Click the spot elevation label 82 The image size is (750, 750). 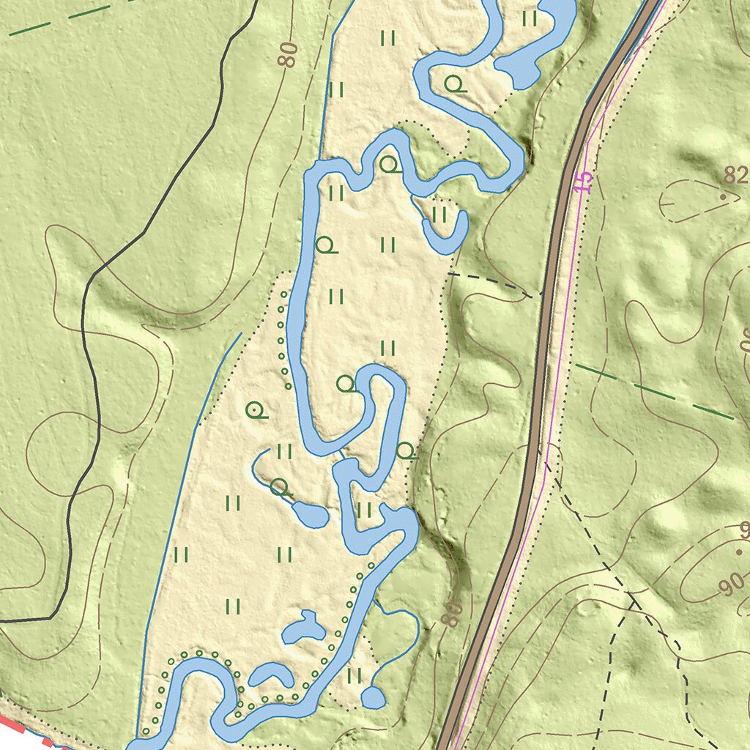coord(736,175)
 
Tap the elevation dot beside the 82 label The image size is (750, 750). coord(723,197)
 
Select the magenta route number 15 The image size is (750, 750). coord(582,182)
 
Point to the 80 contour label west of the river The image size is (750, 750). coord(289,55)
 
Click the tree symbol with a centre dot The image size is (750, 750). coord(254,411)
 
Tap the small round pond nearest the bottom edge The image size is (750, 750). coord(373,698)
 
